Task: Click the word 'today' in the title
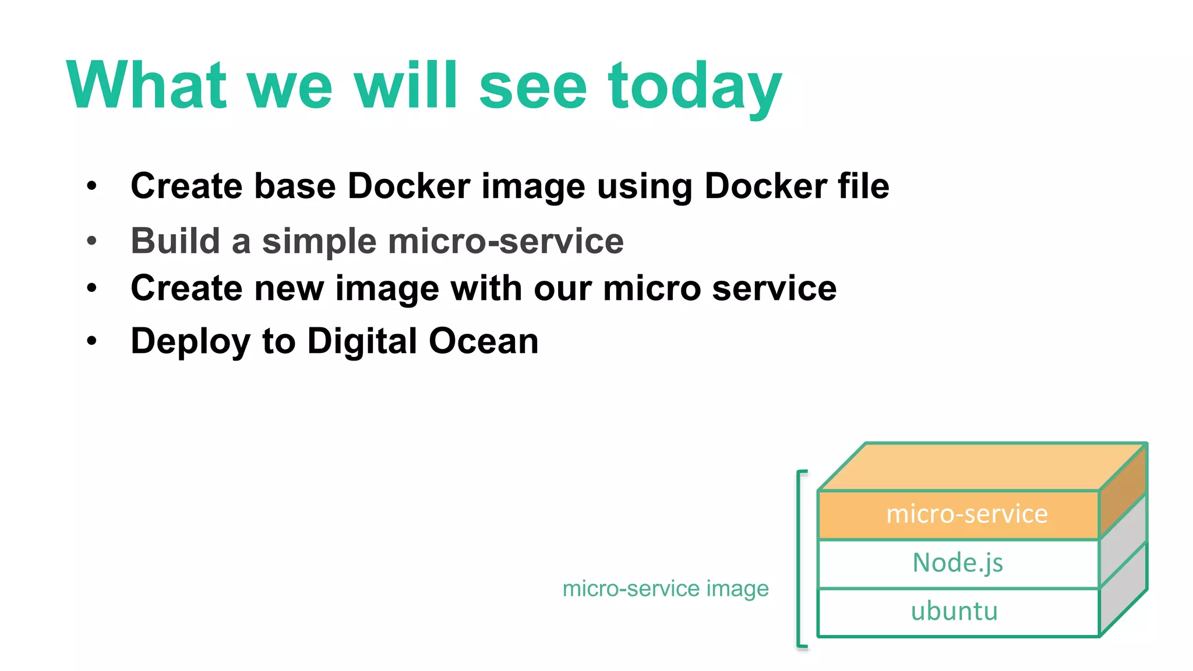pos(694,87)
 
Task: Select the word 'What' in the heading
pos(146,86)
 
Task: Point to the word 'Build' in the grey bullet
pos(175,241)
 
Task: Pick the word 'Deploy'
pos(190,342)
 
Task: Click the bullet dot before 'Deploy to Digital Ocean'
pos(91,340)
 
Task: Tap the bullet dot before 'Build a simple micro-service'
pos(91,241)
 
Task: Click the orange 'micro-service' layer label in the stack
pos(966,514)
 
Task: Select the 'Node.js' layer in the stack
pos(958,563)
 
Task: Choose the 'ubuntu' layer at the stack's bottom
pos(954,612)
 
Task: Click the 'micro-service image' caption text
pos(665,589)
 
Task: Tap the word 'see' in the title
pos(532,87)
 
